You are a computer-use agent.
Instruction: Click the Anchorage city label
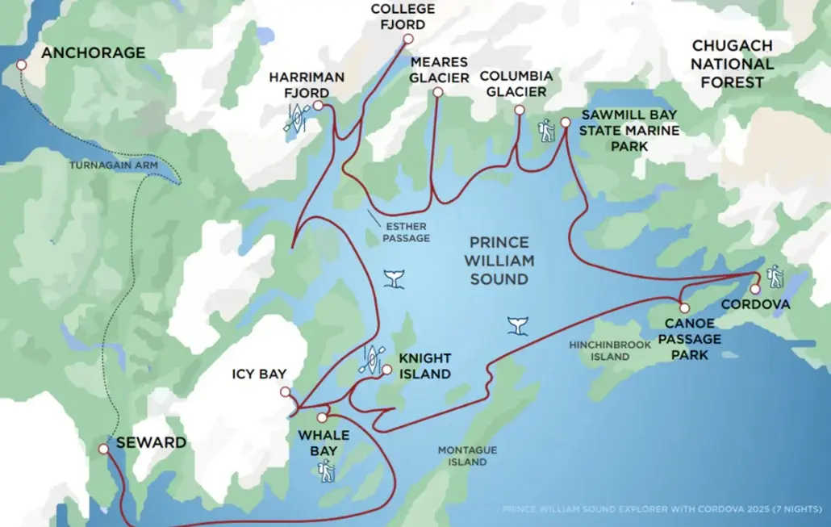pos(94,53)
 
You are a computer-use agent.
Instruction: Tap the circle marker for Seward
pos(103,449)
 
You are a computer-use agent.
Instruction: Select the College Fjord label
pos(403,15)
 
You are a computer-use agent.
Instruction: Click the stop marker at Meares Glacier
pos(437,93)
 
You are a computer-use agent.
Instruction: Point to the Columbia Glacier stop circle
pos(519,111)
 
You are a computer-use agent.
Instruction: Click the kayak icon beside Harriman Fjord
pos(296,119)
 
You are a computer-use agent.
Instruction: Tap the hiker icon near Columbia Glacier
pos(548,130)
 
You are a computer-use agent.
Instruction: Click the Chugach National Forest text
pos(732,64)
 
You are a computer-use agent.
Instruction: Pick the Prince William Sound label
pos(499,261)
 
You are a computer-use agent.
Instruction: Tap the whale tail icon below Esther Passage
pos(395,279)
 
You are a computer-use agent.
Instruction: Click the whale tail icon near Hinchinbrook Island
pos(518,324)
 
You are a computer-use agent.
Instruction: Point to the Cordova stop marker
pos(755,289)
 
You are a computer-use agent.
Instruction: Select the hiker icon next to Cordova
pos(775,276)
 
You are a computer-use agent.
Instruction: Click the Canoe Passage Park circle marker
pos(684,307)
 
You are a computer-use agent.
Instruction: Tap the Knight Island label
pos(424,366)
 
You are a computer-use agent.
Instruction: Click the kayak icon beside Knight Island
pos(371,358)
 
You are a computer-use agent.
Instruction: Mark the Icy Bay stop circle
pos(285,392)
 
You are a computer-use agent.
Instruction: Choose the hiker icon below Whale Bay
pos(327,470)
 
